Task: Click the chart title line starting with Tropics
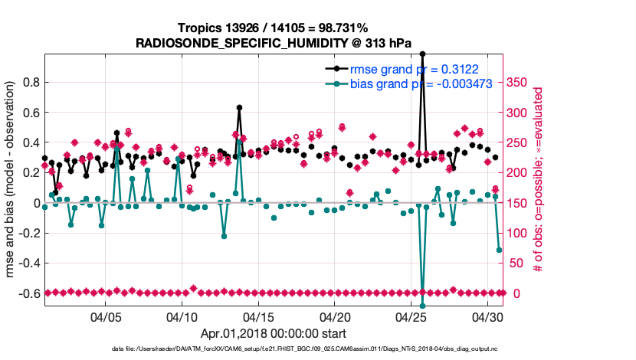tap(273, 28)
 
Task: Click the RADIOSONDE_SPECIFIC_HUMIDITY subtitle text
tap(273, 43)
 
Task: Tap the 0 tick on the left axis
tap(35, 203)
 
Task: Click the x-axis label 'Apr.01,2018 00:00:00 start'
tap(273, 334)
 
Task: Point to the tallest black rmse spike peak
tap(423, 54)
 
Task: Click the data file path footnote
tap(273, 349)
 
